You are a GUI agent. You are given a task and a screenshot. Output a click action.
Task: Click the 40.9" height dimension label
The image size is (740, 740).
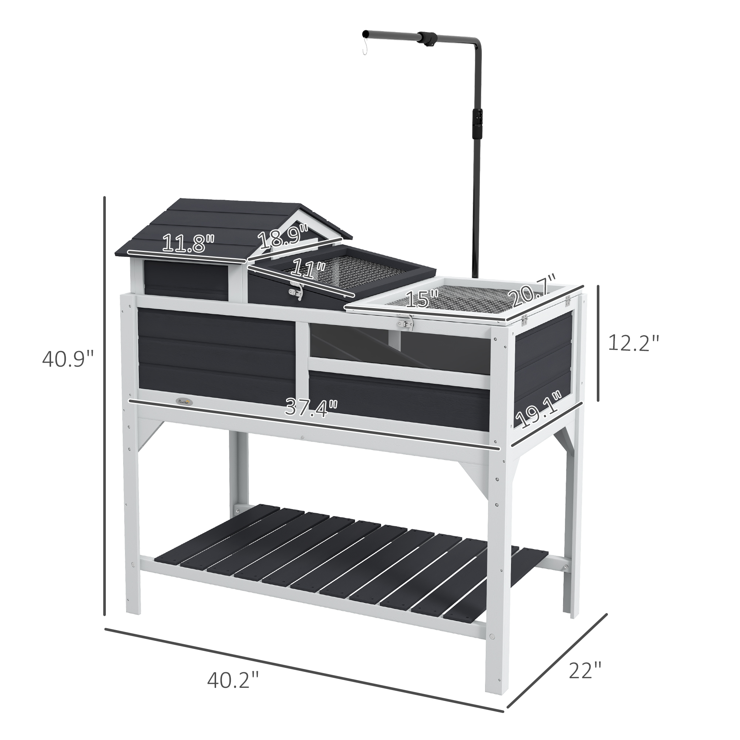[68, 359]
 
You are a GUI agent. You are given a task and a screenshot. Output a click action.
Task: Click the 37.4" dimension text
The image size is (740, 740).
[311, 407]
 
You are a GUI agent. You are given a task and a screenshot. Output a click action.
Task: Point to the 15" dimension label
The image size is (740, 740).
[421, 299]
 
